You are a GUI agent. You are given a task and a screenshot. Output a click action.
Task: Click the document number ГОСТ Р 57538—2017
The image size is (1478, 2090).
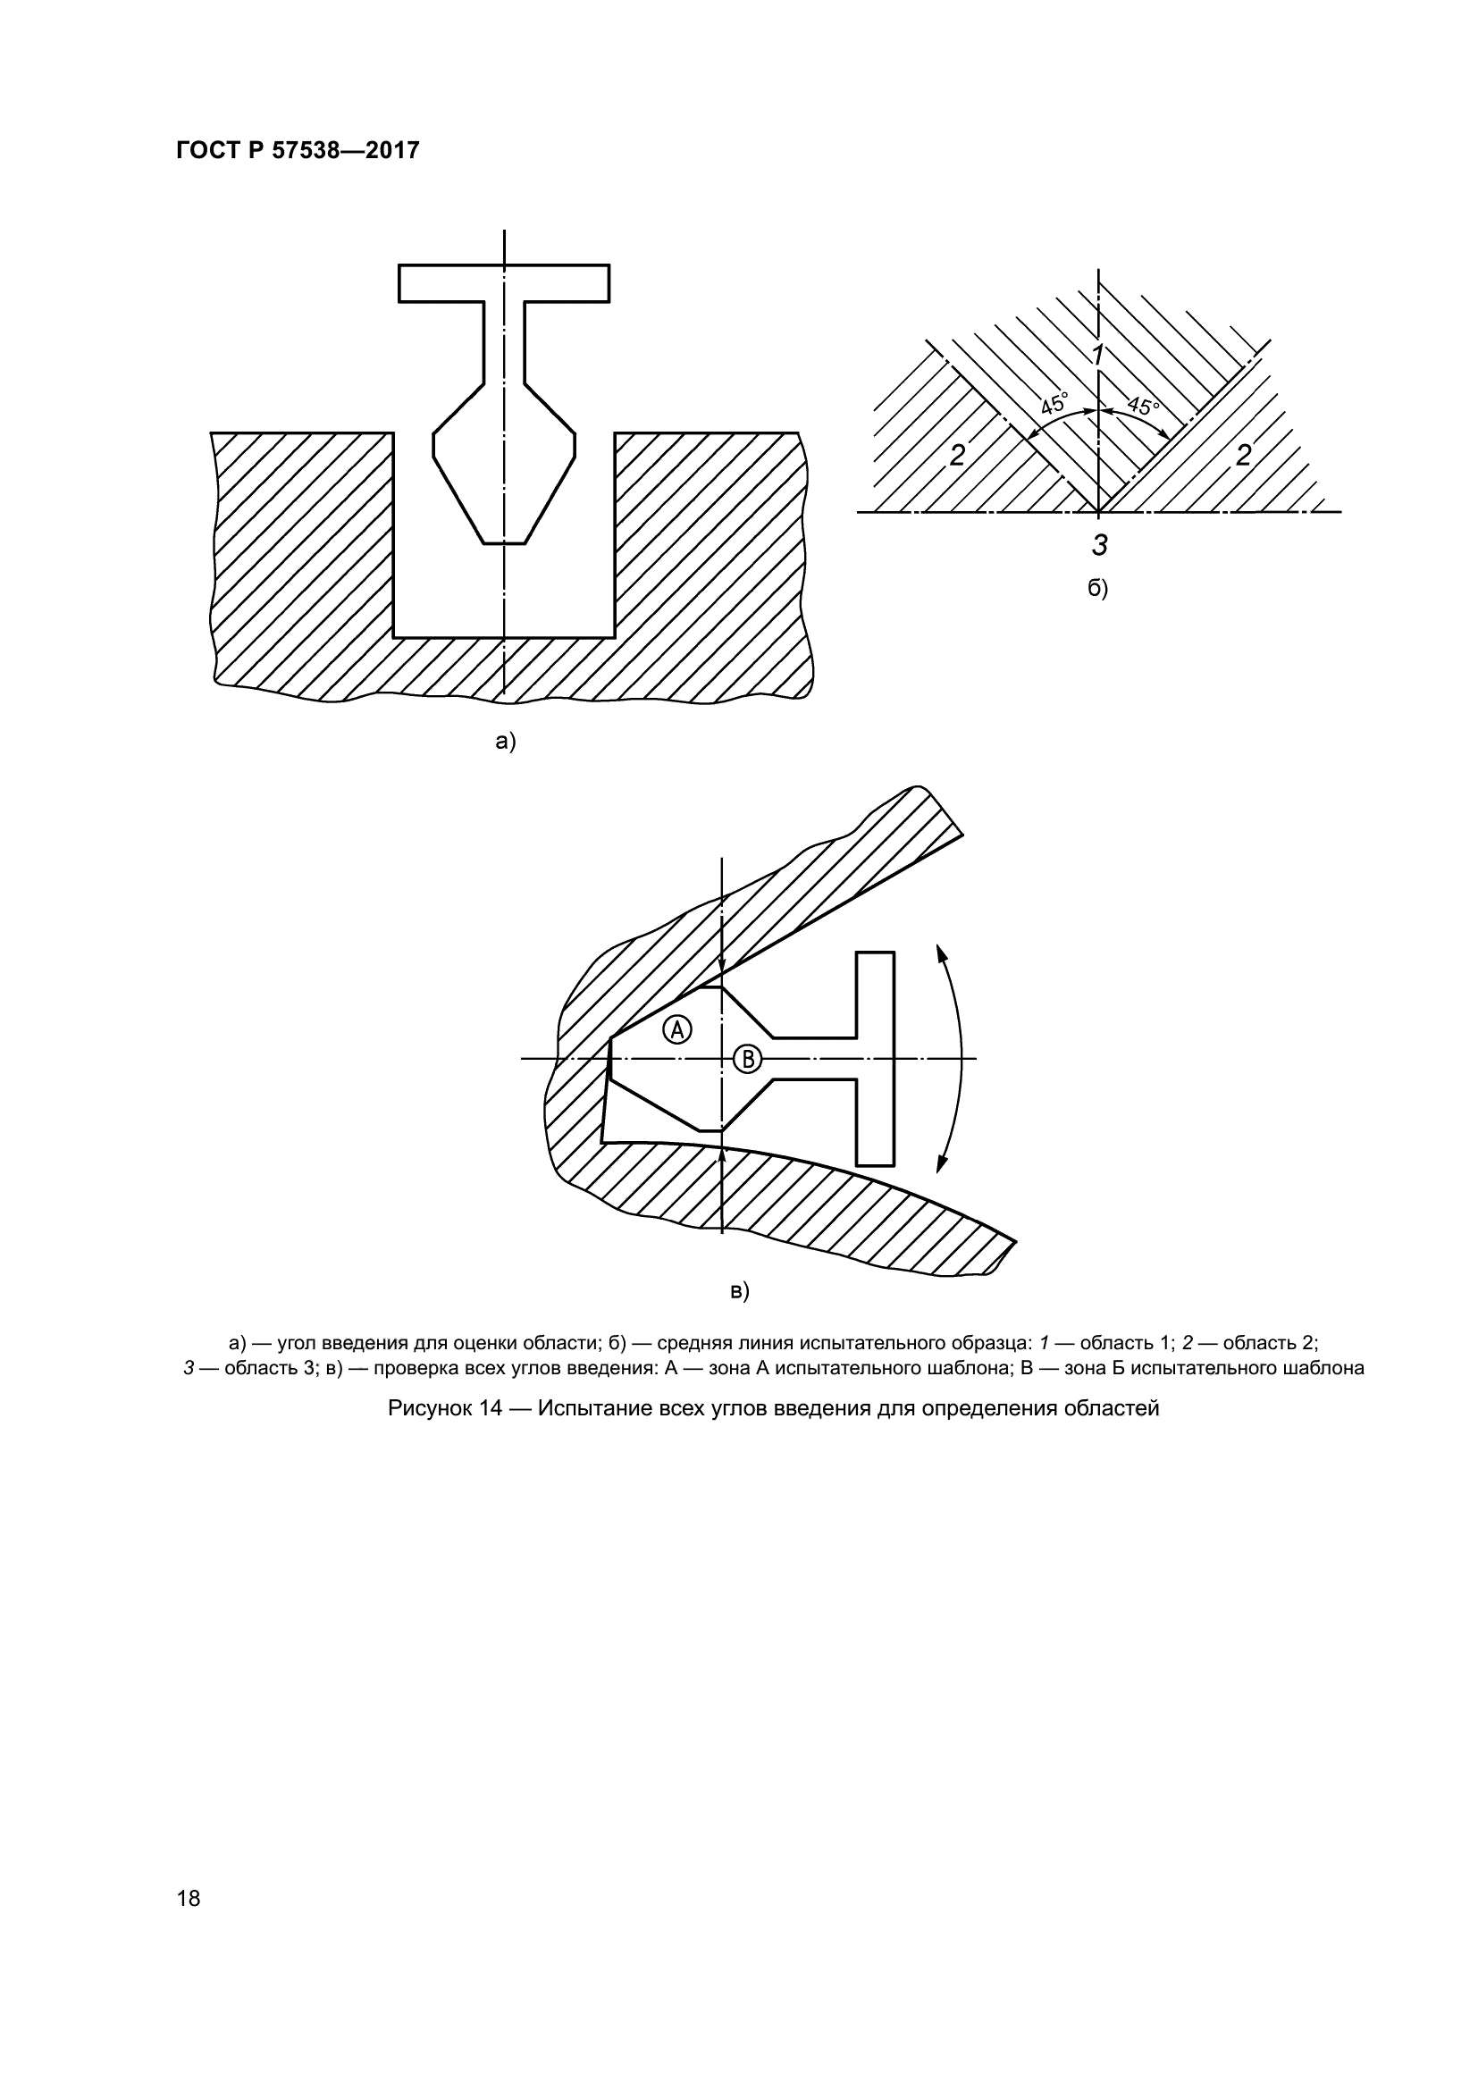298,150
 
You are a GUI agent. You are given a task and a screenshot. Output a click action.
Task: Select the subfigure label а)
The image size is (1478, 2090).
505,742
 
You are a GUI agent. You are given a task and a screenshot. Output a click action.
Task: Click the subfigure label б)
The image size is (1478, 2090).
1097,589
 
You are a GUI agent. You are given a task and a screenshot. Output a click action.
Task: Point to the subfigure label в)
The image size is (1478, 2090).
739,1291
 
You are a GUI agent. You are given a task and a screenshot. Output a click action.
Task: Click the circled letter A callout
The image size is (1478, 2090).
678,1028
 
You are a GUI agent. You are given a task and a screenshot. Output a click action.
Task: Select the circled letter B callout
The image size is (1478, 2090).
747,1058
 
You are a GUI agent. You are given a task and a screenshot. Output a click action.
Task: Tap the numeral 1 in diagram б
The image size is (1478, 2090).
1098,355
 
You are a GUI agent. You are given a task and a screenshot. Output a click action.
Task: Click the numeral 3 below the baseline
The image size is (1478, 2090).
1099,545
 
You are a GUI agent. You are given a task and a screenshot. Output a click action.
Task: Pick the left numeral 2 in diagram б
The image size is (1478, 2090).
956,455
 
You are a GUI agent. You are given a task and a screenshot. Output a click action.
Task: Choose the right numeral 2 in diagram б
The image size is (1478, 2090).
1243,454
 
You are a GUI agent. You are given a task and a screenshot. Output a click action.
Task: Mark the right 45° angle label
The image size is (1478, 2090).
1143,404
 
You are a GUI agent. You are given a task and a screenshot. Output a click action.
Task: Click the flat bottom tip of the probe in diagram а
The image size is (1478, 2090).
504,543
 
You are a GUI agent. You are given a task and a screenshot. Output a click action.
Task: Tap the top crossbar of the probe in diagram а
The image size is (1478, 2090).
504,283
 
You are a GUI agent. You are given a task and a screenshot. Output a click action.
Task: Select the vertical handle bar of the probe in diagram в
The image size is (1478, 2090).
876,1058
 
